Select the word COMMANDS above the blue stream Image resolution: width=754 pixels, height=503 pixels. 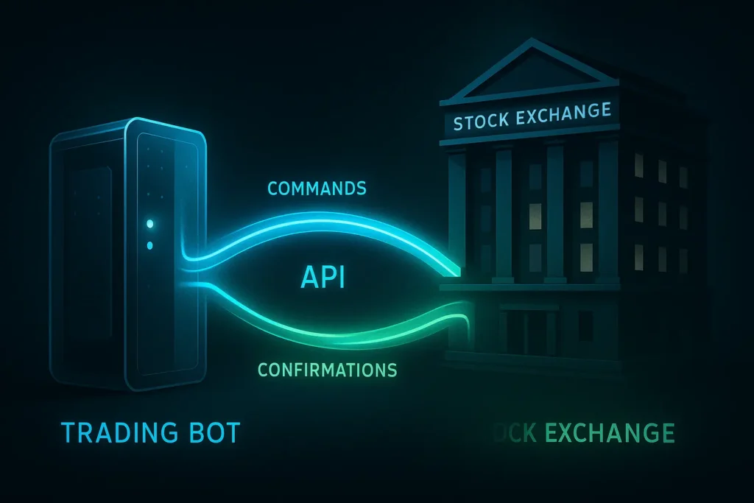point(317,189)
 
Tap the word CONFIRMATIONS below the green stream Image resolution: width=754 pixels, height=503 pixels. point(328,368)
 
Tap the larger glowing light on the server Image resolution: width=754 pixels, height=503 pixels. point(150,222)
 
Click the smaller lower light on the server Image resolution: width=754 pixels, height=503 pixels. point(149,245)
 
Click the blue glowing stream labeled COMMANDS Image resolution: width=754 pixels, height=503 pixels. point(331,225)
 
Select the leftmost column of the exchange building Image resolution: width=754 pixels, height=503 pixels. point(457,214)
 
